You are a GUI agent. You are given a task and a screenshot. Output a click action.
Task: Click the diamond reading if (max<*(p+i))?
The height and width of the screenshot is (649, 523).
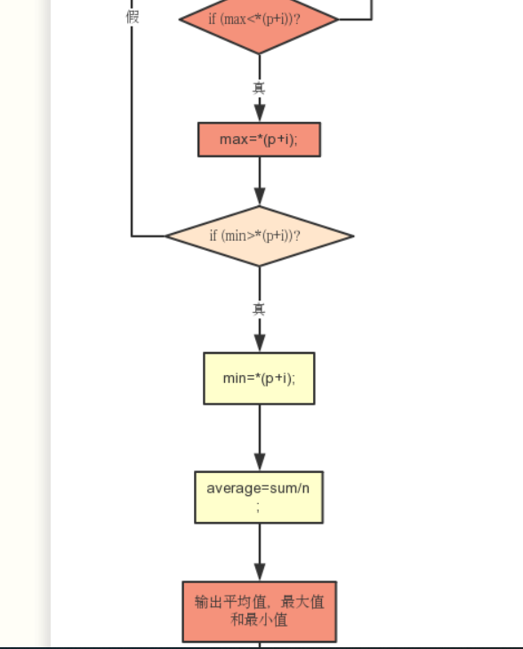pos(259,20)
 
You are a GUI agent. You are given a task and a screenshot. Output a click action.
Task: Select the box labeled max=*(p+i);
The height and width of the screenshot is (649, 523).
pos(259,140)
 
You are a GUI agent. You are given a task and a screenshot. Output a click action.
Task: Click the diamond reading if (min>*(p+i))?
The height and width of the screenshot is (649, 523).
pos(259,236)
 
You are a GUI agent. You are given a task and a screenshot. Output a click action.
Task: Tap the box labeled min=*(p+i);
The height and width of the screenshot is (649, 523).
pos(259,379)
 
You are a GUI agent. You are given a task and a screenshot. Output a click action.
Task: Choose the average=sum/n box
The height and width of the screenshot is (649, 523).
pos(259,497)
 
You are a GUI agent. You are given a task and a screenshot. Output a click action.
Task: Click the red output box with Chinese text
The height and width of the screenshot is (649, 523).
pos(259,612)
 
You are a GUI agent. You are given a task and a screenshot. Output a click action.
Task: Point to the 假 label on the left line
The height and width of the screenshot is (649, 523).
pos(133,17)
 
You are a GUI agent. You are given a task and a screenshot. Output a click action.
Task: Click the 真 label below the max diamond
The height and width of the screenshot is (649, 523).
pos(259,88)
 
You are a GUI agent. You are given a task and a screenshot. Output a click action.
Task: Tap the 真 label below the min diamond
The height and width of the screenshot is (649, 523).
pos(259,309)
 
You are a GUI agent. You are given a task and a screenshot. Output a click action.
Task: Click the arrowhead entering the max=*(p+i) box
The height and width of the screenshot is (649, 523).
pos(260,113)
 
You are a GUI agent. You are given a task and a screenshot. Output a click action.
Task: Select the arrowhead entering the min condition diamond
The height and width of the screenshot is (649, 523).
pos(260,196)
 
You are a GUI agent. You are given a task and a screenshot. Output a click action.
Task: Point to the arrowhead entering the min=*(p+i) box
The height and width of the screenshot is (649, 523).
pos(260,343)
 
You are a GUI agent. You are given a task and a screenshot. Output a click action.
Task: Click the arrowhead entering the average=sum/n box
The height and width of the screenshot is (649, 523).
pos(260,462)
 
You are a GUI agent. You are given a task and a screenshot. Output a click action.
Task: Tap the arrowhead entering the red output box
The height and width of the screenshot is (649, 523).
pos(260,573)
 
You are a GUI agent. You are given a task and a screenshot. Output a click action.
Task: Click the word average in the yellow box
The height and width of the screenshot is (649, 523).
pos(232,489)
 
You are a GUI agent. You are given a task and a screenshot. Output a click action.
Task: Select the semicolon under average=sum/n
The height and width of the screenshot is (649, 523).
pos(258,507)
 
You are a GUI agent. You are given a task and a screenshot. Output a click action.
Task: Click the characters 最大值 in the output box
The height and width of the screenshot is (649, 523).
pos(302,602)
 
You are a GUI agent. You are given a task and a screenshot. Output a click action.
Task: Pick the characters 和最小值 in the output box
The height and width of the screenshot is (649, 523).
pos(259,620)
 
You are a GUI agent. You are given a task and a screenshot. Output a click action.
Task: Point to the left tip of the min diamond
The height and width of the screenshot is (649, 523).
pos(165,236)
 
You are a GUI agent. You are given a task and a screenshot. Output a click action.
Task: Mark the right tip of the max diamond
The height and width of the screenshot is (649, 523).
pos(338,19)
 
